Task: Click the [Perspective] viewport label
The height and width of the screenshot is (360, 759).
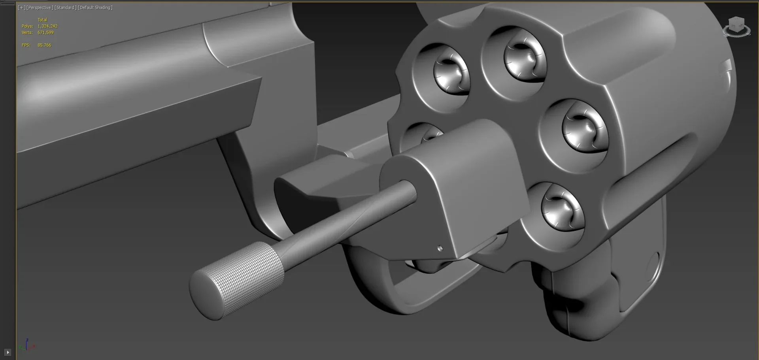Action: point(40,8)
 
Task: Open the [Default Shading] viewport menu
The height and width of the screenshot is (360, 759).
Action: point(95,8)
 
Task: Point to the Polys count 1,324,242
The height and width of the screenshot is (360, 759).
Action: point(47,26)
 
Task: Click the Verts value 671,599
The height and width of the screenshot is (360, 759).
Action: point(45,32)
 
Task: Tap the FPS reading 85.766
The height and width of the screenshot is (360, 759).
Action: point(44,45)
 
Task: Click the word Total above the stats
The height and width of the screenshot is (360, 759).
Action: point(42,20)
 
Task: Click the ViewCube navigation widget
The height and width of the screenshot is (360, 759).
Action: point(736,27)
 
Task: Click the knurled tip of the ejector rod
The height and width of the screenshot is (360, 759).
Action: point(237,279)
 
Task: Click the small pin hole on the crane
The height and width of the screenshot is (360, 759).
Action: point(440,249)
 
